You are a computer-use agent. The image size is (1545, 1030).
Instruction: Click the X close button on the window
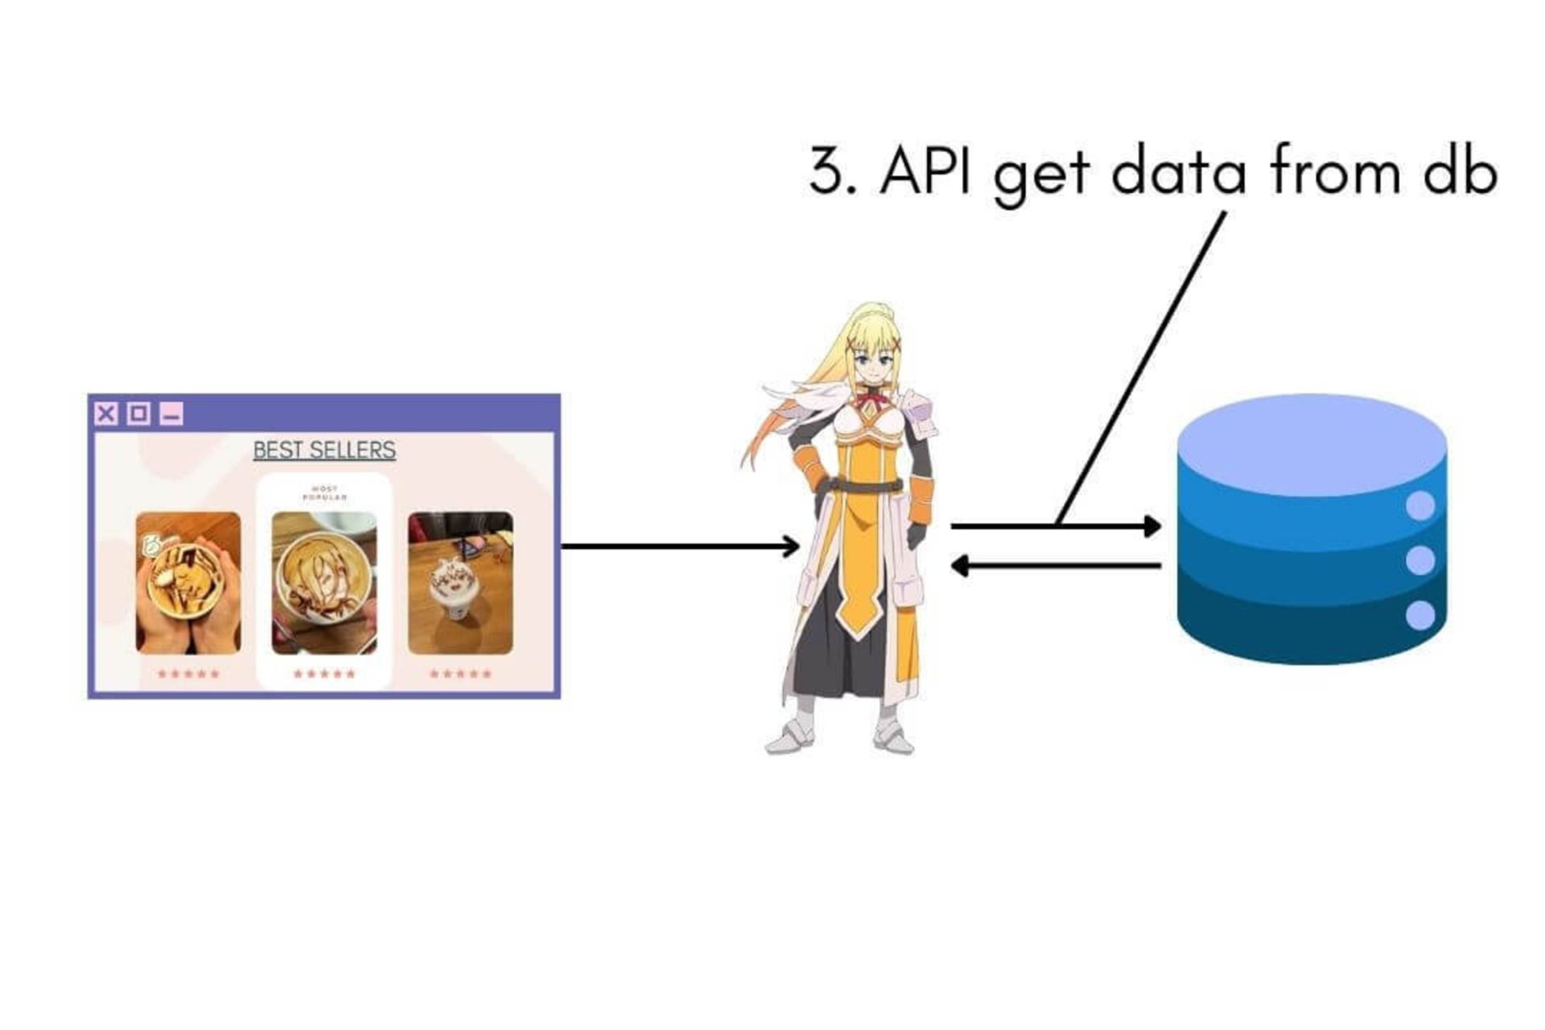pos(105,414)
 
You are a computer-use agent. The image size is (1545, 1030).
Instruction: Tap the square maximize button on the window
pos(138,414)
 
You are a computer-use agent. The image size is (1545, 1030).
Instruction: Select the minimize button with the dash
pos(171,414)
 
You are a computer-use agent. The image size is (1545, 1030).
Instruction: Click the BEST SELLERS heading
pos(324,450)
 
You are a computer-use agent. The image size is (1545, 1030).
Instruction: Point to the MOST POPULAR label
pos(324,493)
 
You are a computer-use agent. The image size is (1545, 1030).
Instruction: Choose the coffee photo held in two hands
pos(188,583)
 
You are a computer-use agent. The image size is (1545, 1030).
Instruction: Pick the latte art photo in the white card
pos(324,583)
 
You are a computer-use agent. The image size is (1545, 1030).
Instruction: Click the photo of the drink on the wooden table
pos(460,583)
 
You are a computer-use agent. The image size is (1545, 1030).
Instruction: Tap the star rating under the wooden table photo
pos(460,674)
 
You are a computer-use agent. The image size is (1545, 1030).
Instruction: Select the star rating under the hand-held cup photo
pos(188,674)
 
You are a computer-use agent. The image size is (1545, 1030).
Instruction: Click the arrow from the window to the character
pos(680,547)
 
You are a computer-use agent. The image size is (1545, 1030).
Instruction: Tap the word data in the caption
pos(1178,172)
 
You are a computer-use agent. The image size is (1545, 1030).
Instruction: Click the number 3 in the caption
pos(826,172)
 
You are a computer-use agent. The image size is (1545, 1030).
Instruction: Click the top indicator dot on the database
pos(1420,506)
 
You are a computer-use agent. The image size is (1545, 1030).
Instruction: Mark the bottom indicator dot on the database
pos(1420,616)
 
